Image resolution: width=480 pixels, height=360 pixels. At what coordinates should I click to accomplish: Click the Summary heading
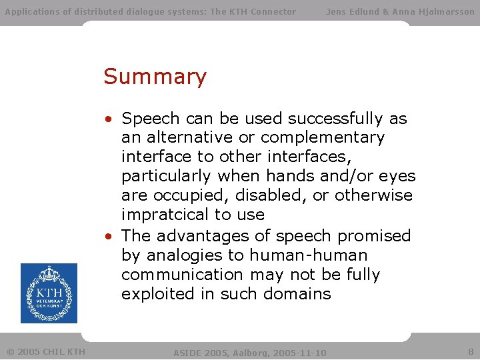[x=155, y=77]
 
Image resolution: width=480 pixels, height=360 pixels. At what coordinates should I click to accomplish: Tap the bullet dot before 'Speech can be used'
[x=108, y=119]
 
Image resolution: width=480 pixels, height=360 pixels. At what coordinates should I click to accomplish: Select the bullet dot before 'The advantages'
[x=108, y=237]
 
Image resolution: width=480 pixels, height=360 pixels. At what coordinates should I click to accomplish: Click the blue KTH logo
[x=49, y=293]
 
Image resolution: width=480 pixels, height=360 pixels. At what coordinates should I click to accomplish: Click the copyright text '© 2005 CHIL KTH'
[x=45, y=351]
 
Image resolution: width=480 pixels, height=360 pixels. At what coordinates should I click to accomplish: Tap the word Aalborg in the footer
[x=250, y=352]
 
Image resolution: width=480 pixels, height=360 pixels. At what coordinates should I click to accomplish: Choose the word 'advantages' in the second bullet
[x=213, y=236]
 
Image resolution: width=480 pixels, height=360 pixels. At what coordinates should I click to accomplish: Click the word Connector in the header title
[x=270, y=11]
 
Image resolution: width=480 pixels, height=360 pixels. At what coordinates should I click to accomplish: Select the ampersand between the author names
[x=384, y=11]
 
